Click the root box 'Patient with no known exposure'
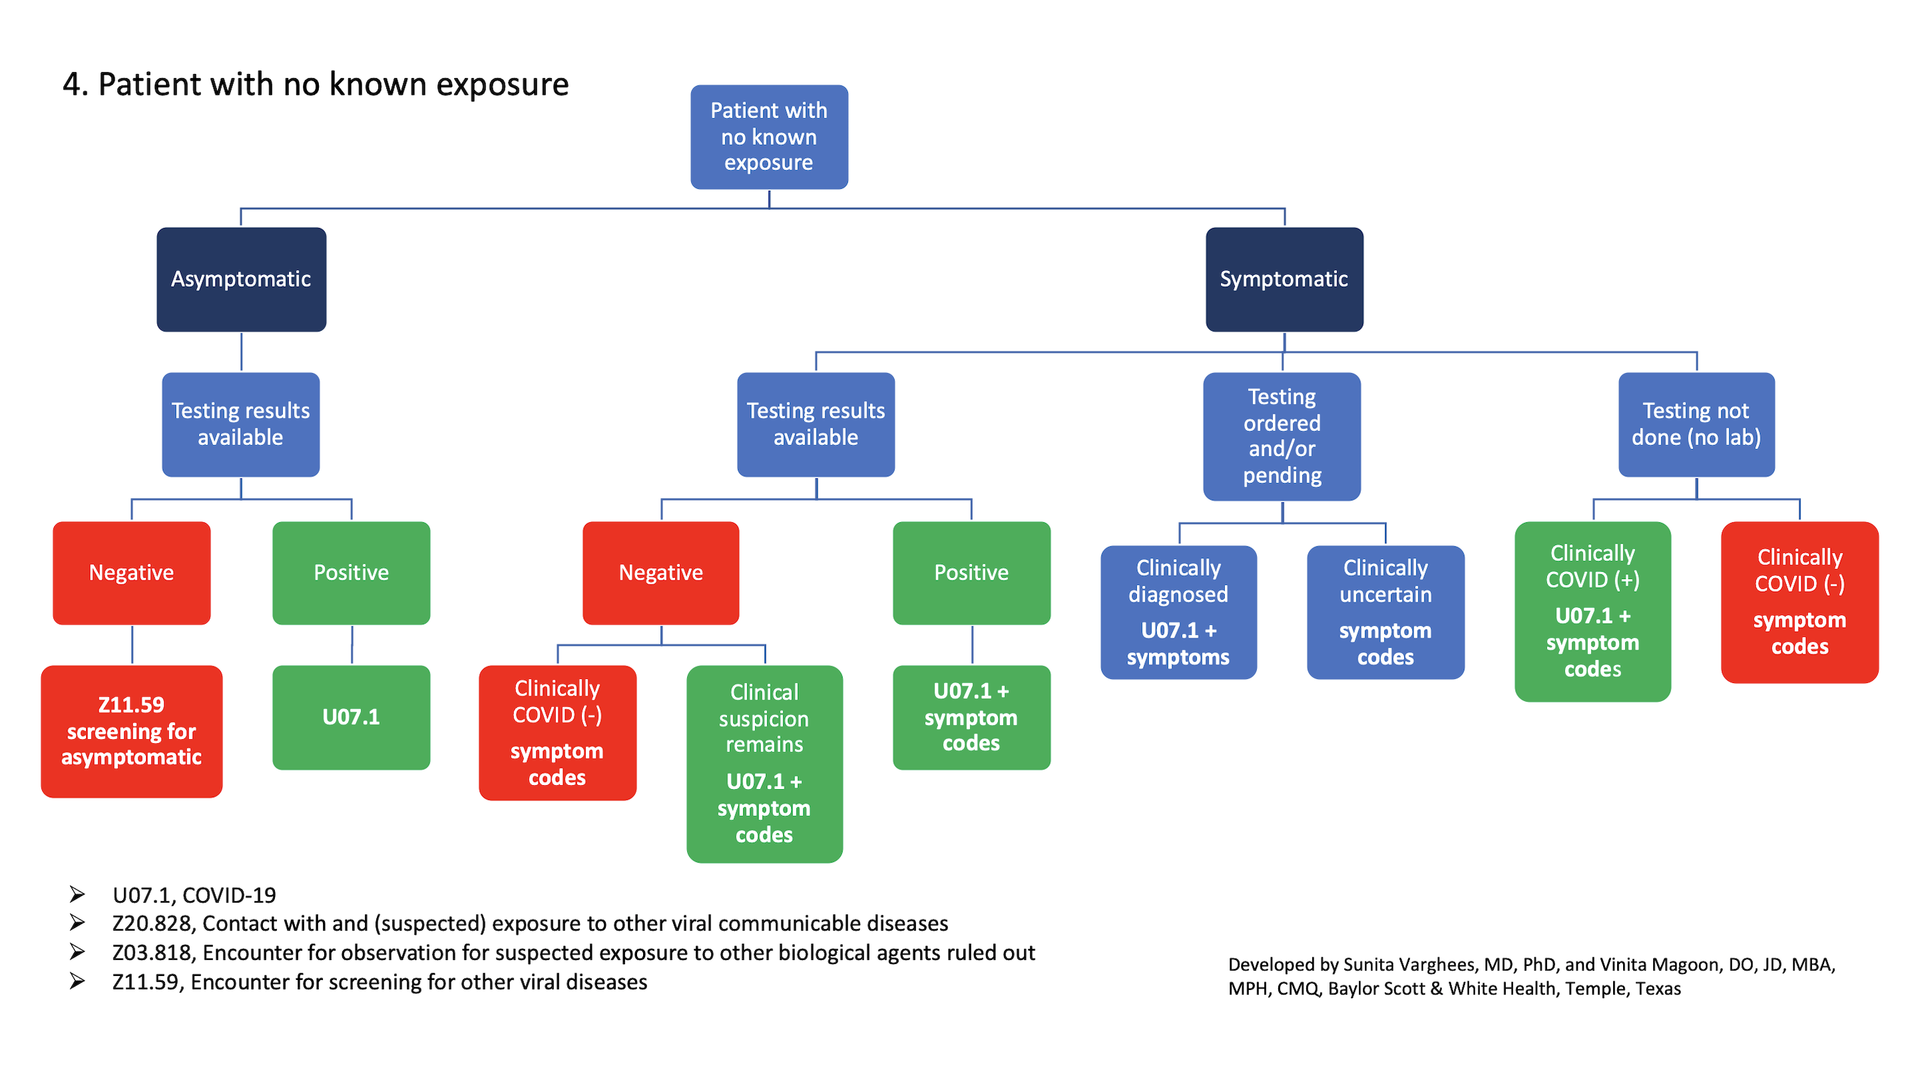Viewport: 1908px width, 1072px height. click(769, 137)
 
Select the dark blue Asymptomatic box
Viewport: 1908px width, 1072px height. click(242, 280)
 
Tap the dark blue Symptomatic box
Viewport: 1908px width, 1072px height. click(1284, 280)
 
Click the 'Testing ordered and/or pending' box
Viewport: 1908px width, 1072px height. click(1282, 436)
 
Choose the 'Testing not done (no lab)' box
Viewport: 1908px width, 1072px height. click(1695, 424)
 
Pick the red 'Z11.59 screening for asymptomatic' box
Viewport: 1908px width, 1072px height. click(132, 730)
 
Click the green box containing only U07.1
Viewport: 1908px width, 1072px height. click(351, 716)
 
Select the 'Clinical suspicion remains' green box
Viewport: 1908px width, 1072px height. click(764, 763)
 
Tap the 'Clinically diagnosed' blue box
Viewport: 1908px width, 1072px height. click(1177, 612)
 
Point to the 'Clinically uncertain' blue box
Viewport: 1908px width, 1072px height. click(1385, 612)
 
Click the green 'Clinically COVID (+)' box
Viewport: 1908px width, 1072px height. click(1592, 611)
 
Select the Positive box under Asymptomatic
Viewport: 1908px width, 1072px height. click(351, 572)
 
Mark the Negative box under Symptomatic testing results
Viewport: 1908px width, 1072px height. click(660, 572)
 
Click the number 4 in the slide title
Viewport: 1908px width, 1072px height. click(71, 85)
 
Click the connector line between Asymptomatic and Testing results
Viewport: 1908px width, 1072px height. click(242, 352)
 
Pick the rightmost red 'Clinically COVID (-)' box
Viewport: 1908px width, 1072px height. click(1799, 602)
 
